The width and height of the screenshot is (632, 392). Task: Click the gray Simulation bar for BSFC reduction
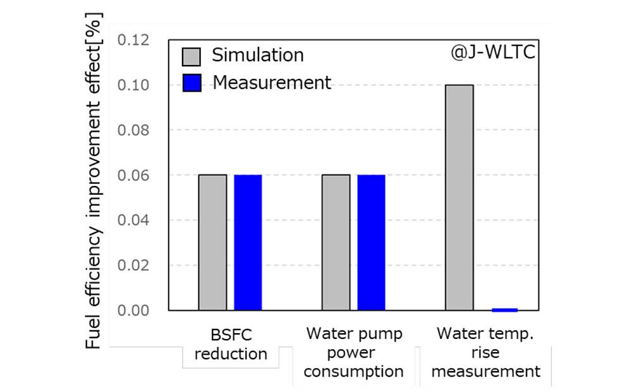pos(212,242)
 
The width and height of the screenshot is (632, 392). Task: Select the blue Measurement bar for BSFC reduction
pos(248,242)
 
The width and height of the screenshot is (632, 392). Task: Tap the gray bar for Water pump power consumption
pos(336,242)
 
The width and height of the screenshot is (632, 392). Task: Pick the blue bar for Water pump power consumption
pos(371,242)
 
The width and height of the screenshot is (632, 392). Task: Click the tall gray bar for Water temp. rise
pos(459,197)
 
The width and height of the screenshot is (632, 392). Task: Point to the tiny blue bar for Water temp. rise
pos(504,310)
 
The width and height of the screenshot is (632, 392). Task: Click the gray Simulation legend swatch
pos(191,56)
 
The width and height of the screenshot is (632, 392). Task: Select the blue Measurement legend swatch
pos(191,83)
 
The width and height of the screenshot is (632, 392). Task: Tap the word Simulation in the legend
pos(258,55)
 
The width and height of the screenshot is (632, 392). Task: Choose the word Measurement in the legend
pos(272,82)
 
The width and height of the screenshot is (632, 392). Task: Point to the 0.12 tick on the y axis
pos(133,40)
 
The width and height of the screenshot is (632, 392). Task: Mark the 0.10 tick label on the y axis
pos(133,85)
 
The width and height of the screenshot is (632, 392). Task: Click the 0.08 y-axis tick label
pos(133,130)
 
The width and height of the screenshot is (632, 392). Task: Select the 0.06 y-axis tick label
pos(133,175)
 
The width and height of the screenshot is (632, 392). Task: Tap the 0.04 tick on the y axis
pos(133,221)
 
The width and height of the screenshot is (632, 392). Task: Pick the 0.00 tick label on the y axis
pos(133,310)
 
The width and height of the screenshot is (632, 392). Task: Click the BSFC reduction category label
pos(231,343)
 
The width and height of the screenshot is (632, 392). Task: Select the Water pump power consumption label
pos(354,352)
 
